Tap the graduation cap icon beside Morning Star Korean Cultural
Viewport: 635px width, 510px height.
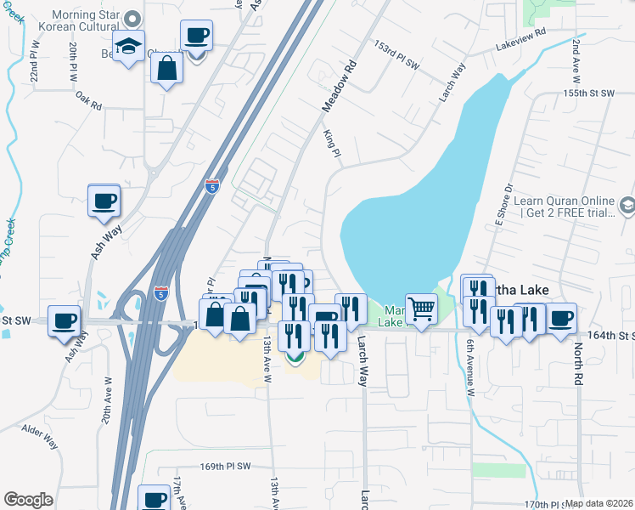(x=129, y=47)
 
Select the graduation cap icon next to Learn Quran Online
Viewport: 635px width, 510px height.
(x=627, y=205)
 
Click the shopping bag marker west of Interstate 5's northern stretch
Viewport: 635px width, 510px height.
(x=168, y=68)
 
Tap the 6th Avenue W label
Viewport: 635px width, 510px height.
(x=469, y=360)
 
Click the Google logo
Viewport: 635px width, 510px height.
(x=28, y=500)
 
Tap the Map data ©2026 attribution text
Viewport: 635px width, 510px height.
(x=599, y=503)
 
